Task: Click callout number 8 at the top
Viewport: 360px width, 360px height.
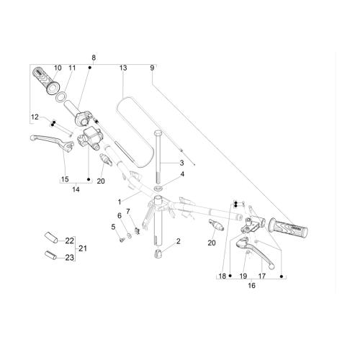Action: click(93, 57)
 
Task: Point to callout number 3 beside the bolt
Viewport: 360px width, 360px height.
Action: click(182, 163)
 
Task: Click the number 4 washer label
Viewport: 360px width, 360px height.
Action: click(182, 174)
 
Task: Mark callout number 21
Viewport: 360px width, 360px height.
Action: click(82, 248)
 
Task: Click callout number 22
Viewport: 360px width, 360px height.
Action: click(69, 240)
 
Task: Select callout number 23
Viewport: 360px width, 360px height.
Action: click(69, 257)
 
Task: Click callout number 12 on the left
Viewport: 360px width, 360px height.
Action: click(35, 117)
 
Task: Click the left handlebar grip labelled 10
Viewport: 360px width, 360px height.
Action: click(44, 80)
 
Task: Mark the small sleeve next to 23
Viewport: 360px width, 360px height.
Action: click(49, 254)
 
